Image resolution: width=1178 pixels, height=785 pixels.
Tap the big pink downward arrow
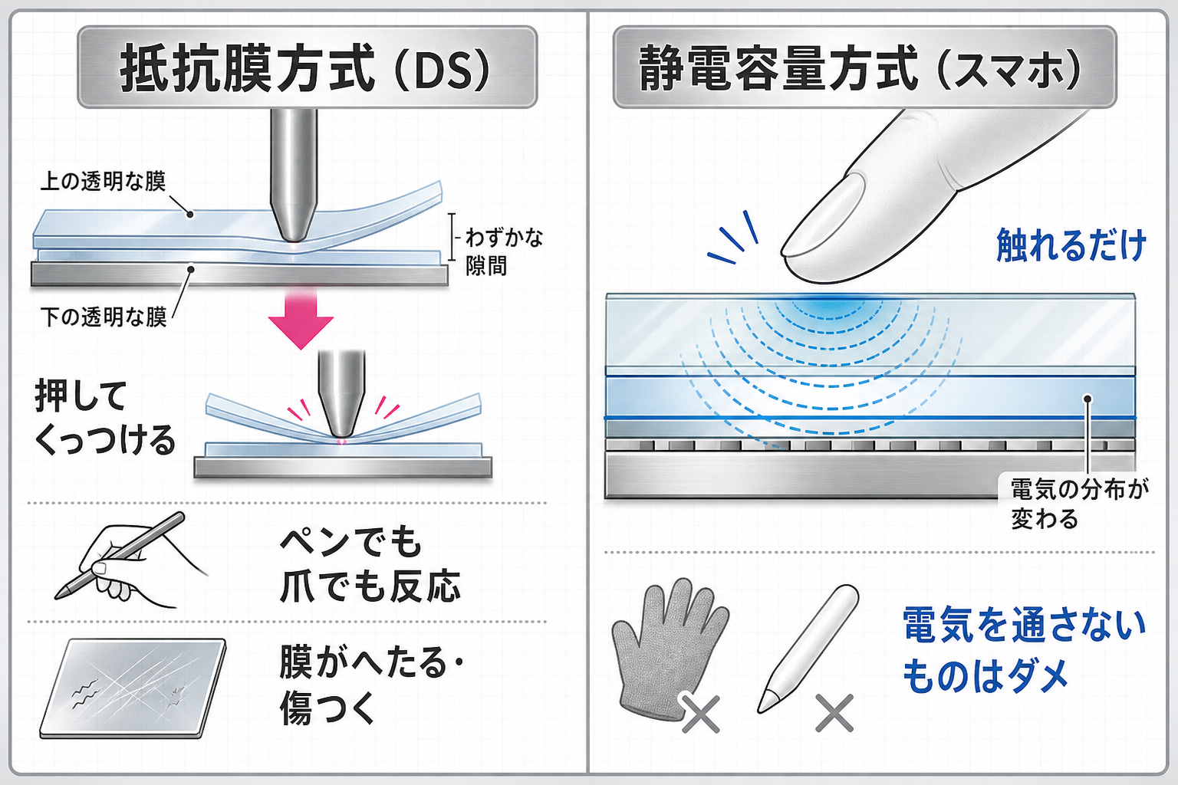coord(301,319)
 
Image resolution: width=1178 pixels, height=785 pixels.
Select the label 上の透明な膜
coord(104,182)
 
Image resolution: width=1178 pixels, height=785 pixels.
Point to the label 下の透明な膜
coord(104,317)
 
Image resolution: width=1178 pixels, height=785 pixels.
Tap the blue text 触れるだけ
coord(1071,245)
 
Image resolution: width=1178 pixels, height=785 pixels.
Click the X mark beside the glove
coord(700,714)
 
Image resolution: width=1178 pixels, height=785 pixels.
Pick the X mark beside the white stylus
coord(834,713)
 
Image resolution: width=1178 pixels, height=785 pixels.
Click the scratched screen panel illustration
coord(133,688)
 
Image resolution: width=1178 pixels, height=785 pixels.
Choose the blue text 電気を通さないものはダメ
coord(1023,651)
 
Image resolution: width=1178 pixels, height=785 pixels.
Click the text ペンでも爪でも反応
coord(370,564)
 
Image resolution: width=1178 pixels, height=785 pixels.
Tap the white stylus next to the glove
coord(808,649)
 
